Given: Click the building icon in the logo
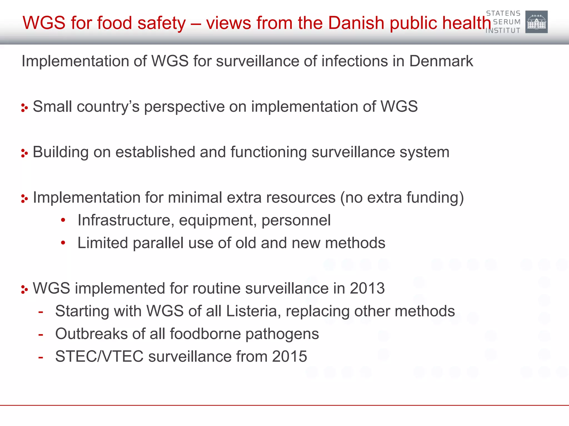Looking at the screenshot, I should [x=536, y=22].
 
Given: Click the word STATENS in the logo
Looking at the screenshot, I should [x=503, y=13].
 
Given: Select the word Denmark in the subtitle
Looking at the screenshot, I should [x=441, y=61].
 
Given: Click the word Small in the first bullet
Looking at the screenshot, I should [x=53, y=106].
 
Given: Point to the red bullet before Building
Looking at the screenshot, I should [x=24, y=153].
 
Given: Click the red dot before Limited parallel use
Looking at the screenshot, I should [x=63, y=243].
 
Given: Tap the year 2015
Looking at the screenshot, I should [x=290, y=357].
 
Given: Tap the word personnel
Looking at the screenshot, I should [x=296, y=220].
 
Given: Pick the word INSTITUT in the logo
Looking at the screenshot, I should [x=503, y=31].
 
